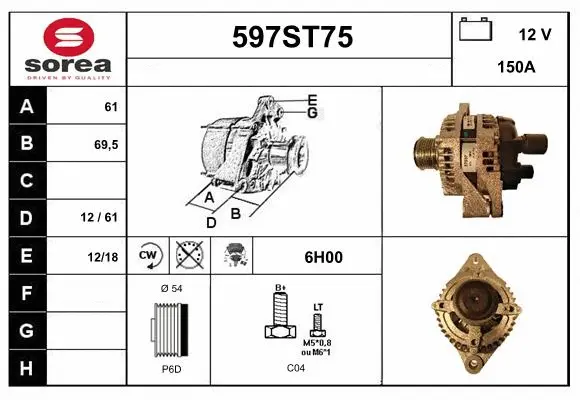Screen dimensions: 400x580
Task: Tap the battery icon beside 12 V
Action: (x=475, y=30)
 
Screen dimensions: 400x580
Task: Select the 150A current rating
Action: (x=514, y=69)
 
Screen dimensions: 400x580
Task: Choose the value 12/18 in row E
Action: (x=103, y=257)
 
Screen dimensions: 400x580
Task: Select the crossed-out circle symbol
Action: (x=188, y=256)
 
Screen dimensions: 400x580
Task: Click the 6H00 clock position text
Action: (x=322, y=257)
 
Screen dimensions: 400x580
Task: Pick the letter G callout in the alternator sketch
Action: (x=313, y=113)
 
